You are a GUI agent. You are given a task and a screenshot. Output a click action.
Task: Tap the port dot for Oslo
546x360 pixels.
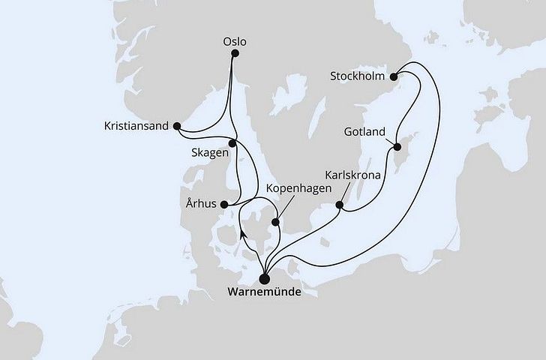(235, 54)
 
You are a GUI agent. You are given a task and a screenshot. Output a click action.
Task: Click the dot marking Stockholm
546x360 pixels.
(394, 75)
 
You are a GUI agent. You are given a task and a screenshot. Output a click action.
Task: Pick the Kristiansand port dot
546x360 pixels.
(177, 126)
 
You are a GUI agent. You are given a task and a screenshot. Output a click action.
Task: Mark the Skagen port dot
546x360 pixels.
(232, 142)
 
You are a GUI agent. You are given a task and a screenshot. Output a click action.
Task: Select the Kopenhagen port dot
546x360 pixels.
(276, 222)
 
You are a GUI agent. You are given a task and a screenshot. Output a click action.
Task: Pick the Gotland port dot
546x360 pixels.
(393, 148)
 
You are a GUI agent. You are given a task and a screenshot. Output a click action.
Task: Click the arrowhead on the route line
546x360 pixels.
(243, 233)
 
